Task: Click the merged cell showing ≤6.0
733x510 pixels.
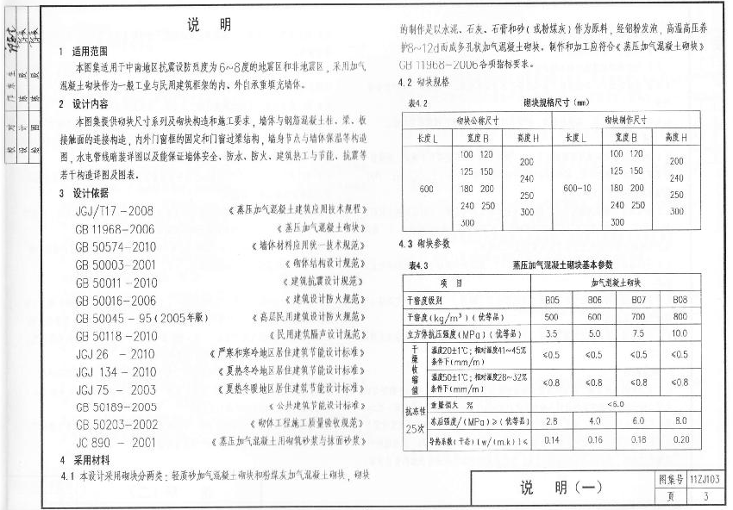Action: coord(615,403)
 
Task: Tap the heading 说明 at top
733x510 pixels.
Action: coord(208,25)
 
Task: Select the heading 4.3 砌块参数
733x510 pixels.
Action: coord(424,245)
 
